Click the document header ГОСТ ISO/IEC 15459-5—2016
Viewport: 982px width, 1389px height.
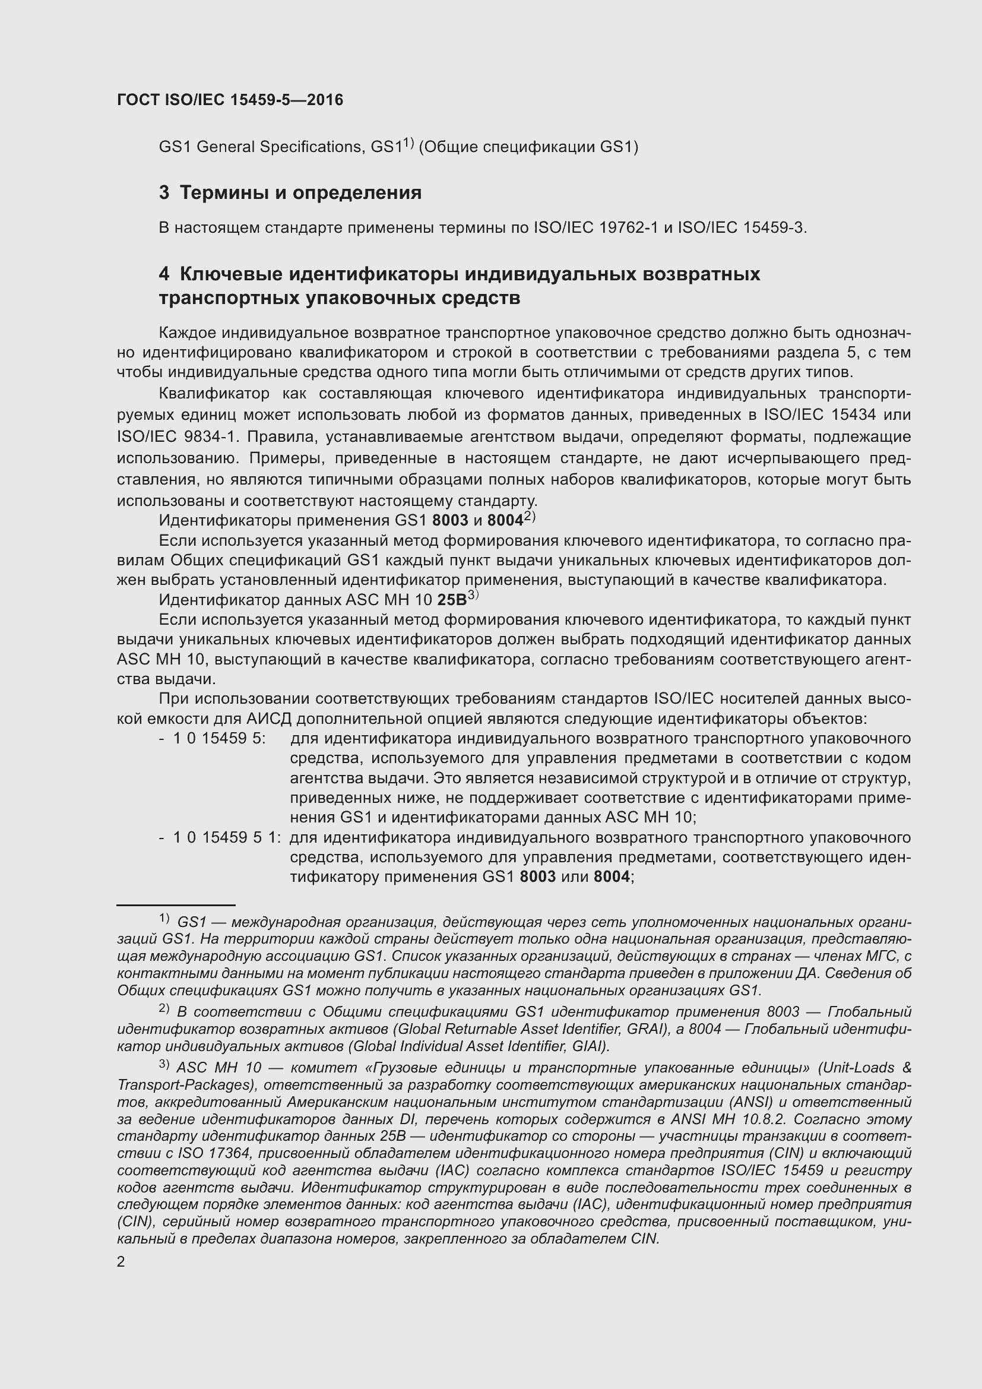pyautogui.click(x=230, y=100)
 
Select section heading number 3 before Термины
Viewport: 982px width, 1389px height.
pyautogui.click(x=164, y=193)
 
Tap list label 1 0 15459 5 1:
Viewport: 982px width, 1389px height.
pyautogui.click(x=227, y=838)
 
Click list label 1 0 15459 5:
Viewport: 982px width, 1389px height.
pyautogui.click(x=220, y=739)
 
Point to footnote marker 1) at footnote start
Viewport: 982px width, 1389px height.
pyautogui.click(x=164, y=919)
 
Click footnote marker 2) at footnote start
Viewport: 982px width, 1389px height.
pyautogui.click(x=164, y=1008)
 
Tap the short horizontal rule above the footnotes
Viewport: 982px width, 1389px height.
pyautogui.click(x=175, y=906)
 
